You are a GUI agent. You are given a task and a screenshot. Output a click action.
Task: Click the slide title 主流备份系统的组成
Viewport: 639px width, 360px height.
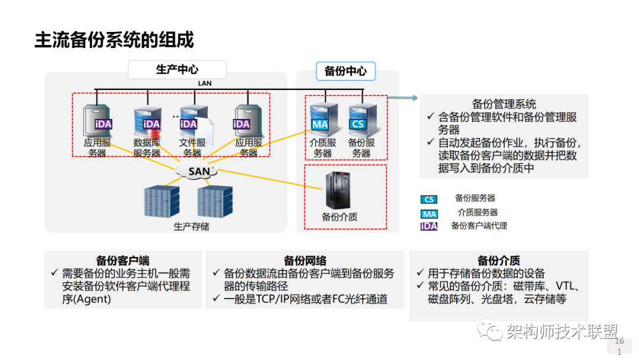(x=114, y=40)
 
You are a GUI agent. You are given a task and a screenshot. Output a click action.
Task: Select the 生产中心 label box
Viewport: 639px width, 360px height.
(x=177, y=70)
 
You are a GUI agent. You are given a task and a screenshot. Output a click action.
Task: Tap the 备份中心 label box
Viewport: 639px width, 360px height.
(x=346, y=71)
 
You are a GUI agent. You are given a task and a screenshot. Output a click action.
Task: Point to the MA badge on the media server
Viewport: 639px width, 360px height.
(x=320, y=124)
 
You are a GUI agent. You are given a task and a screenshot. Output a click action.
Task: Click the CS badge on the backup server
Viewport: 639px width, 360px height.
(x=358, y=124)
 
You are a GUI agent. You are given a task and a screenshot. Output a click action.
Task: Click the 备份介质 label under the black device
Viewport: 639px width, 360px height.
(x=340, y=217)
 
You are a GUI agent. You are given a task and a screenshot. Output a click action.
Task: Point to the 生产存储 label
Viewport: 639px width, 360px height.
(x=191, y=226)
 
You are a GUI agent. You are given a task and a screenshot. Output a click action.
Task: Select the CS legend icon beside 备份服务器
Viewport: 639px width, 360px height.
(x=429, y=200)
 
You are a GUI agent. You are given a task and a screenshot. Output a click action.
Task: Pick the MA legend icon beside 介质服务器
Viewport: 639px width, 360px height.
(x=429, y=214)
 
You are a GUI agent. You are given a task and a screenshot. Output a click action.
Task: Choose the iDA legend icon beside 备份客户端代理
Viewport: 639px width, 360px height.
(x=429, y=226)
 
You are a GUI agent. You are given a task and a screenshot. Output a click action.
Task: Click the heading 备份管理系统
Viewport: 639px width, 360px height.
(x=504, y=104)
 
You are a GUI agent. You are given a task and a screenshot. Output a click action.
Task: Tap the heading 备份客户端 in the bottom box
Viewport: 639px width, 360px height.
(x=122, y=261)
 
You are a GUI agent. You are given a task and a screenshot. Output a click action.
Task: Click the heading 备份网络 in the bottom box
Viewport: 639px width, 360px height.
(x=305, y=261)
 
